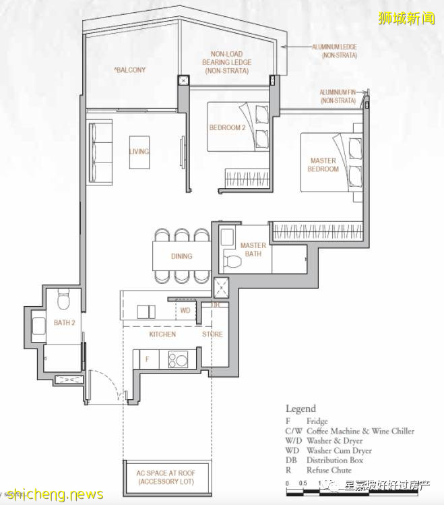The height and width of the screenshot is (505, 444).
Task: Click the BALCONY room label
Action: click(130, 69)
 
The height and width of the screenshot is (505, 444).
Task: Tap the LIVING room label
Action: click(139, 152)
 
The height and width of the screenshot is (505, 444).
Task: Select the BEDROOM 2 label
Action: click(226, 127)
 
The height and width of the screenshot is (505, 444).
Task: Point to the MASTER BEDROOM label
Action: click(323, 165)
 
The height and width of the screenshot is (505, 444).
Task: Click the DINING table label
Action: click(181, 256)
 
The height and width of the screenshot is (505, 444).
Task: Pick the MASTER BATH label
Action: click(253, 249)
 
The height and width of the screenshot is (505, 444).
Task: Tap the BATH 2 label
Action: click(65, 323)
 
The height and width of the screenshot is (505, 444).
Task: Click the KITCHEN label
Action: click(162, 334)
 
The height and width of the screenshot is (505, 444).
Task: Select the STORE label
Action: click(212, 334)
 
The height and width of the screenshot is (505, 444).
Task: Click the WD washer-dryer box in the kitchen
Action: click(185, 311)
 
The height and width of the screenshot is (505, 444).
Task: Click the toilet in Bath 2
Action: click(64, 297)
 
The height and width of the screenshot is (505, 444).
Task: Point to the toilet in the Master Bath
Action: click(230, 261)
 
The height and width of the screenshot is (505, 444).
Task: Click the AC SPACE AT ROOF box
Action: click(169, 478)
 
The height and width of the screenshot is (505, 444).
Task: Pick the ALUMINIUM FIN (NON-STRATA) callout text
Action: click(338, 96)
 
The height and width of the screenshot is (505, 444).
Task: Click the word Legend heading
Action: click(300, 409)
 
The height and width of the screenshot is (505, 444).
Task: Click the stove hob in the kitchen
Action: click(178, 360)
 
